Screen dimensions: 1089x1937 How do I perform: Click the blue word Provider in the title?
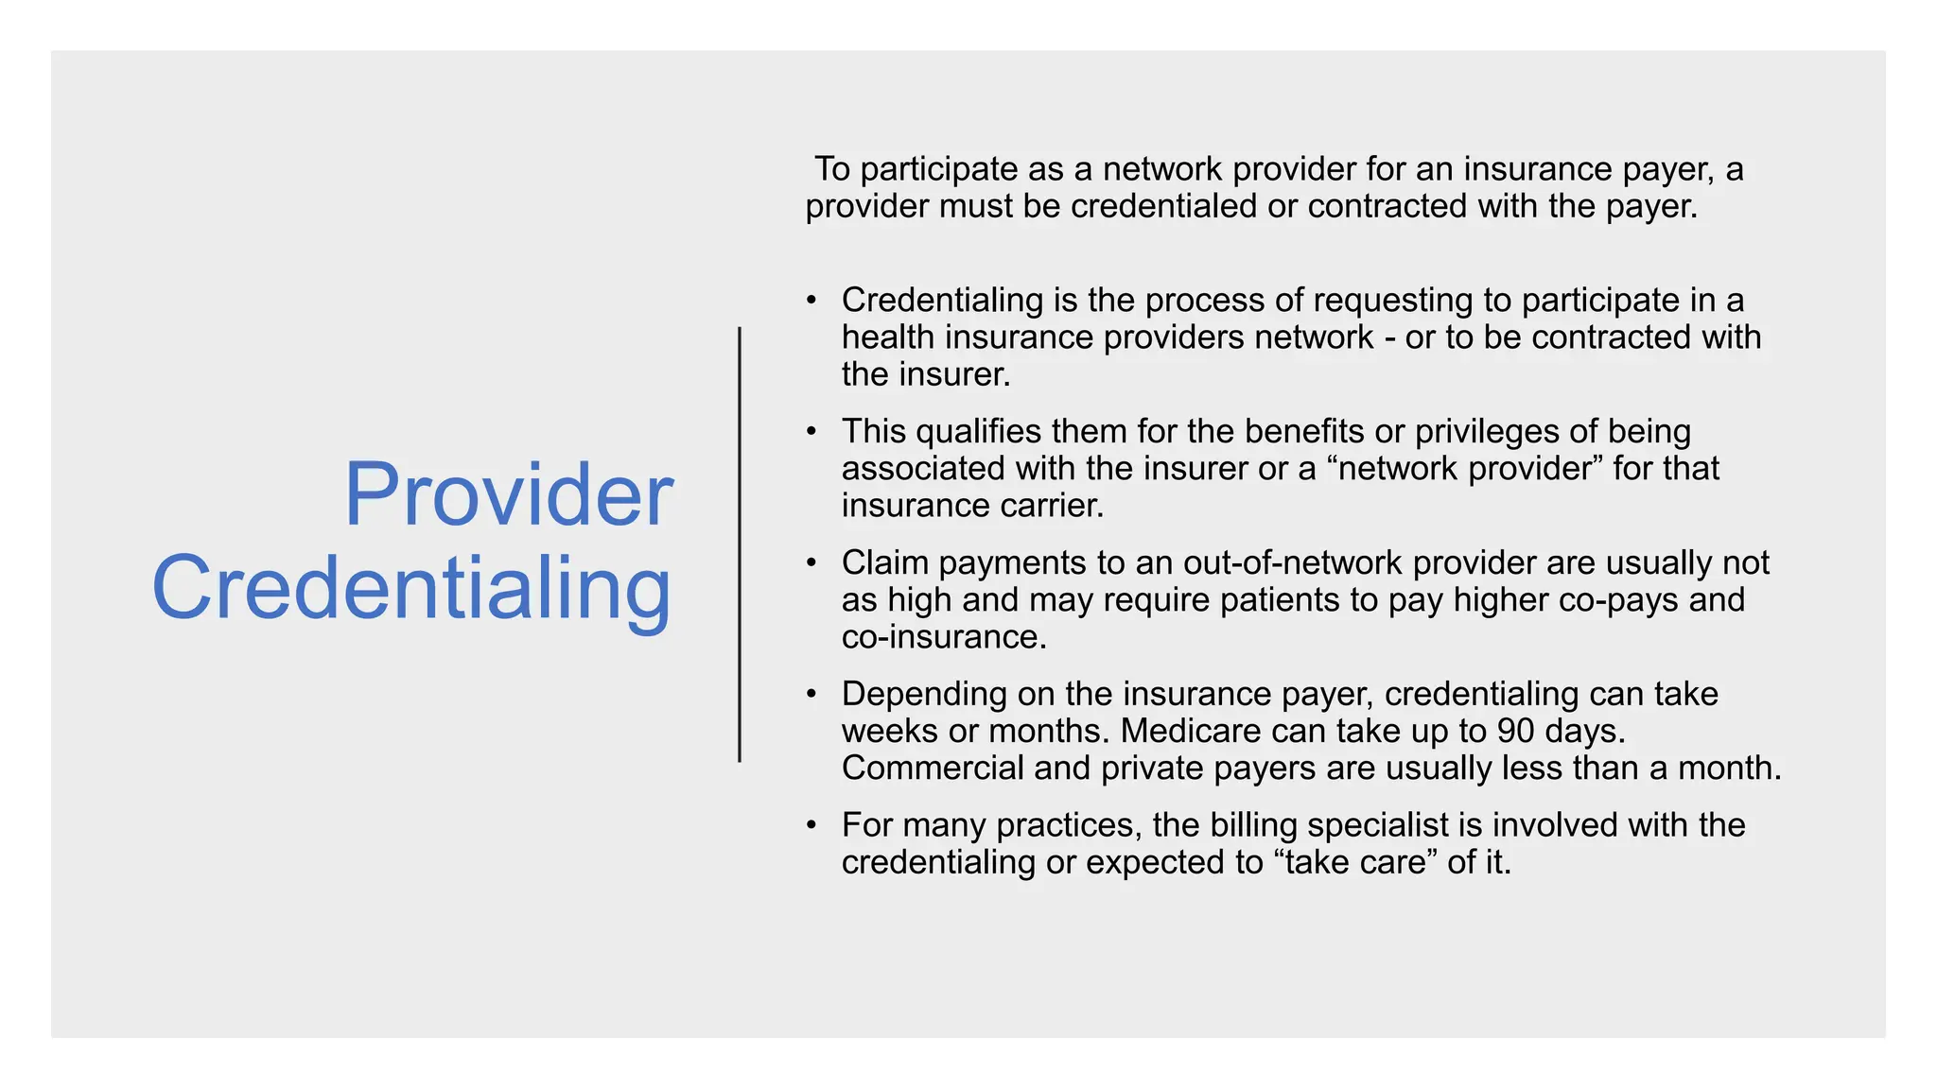click(508, 494)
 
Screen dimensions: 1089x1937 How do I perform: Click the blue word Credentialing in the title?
click(411, 588)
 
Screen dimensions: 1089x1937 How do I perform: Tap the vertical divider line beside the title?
click(740, 544)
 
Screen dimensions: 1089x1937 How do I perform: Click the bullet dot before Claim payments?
click(811, 562)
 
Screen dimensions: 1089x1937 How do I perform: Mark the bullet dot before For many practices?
click(811, 825)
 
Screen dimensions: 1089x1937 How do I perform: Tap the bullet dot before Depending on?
click(811, 694)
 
